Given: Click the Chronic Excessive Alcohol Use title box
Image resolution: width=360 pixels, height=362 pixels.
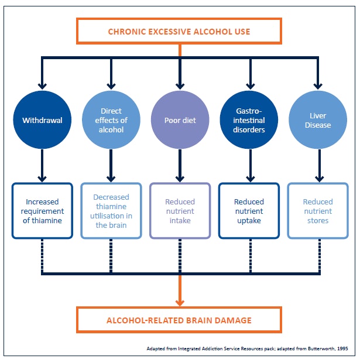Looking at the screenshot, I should [x=179, y=30].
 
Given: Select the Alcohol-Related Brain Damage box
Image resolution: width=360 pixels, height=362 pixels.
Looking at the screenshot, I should [x=179, y=320].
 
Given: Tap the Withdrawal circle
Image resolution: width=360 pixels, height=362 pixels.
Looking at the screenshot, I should [x=42, y=121].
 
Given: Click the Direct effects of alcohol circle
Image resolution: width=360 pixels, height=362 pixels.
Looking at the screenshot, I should [x=111, y=121].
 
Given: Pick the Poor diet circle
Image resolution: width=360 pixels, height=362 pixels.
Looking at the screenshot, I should [x=180, y=121].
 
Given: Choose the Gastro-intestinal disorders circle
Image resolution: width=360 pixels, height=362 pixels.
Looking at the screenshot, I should [x=248, y=121].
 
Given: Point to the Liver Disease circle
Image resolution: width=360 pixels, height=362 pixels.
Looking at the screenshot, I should [x=317, y=121].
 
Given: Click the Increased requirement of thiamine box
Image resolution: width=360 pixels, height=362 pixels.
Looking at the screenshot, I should [x=42, y=211].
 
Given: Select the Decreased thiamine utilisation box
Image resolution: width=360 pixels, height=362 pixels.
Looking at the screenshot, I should [x=111, y=211].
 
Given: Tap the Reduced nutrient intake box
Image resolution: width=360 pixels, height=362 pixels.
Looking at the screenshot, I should [x=180, y=211].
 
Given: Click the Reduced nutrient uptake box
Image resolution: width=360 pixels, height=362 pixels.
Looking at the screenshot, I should [x=248, y=211].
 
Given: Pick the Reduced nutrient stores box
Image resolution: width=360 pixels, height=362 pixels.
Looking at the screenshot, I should [x=317, y=211].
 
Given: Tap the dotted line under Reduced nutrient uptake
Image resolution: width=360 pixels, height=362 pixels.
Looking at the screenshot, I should [x=248, y=255].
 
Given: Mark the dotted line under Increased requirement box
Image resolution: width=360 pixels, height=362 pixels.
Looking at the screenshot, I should [x=42, y=255].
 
